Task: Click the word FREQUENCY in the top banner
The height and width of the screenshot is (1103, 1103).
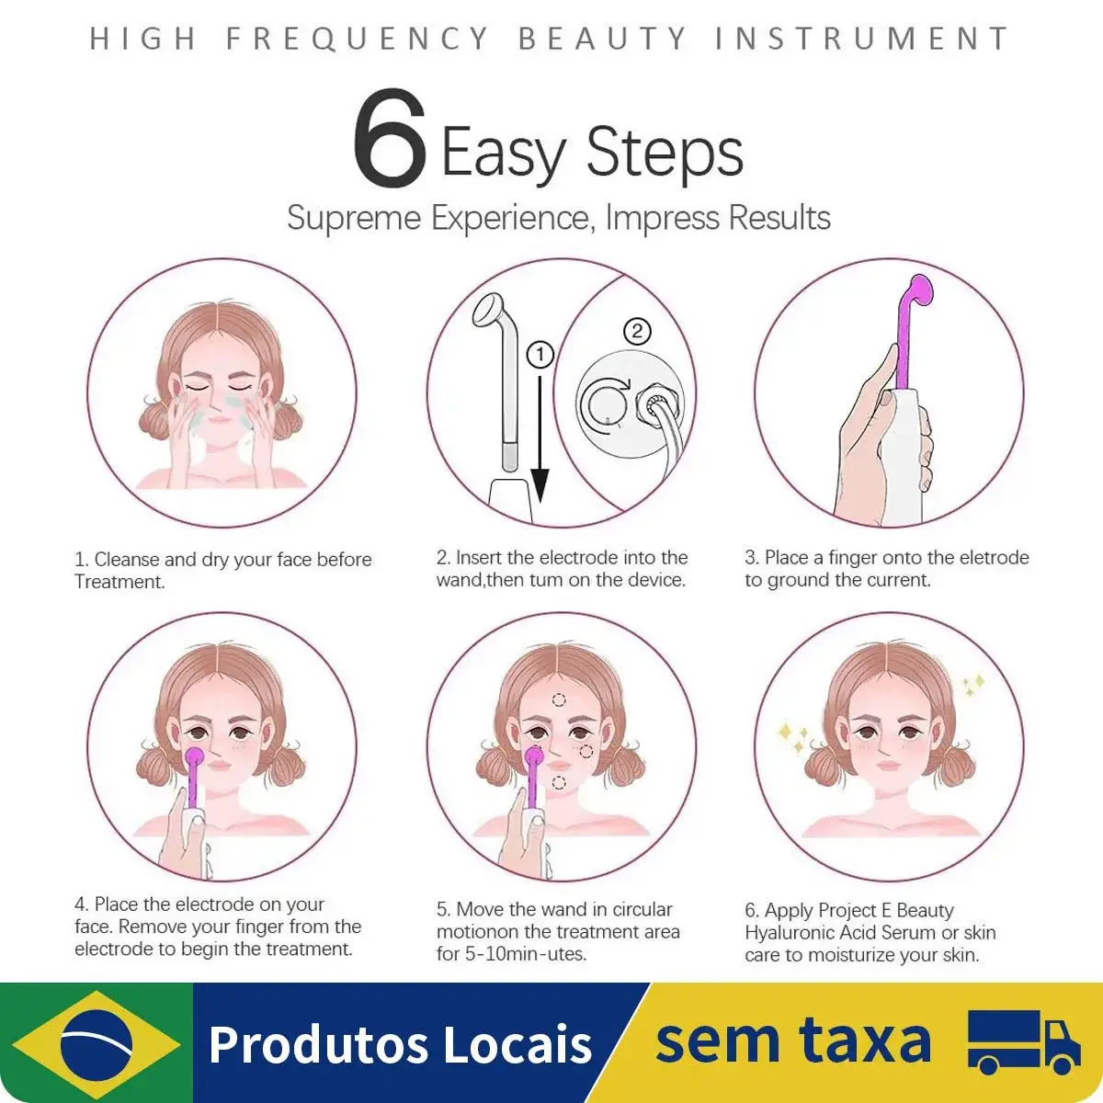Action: coord(358,39)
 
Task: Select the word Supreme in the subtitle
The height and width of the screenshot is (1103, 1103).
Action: coord(354,218)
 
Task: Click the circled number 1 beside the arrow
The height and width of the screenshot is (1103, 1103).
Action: coord(540,355)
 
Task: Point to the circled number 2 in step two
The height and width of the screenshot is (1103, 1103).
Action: coord(637,332)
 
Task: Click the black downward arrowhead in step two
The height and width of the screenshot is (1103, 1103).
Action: coord(540,485)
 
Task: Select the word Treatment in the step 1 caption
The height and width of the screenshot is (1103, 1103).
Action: coord(119,582)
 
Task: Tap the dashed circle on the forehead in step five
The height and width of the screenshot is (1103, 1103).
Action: coord(559,699)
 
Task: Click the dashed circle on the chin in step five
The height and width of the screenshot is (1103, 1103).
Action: coord(559,783)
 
